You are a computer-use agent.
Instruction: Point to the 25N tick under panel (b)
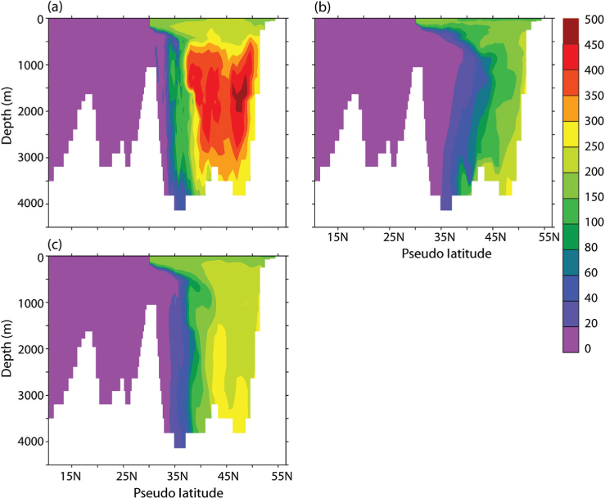click(394, 238)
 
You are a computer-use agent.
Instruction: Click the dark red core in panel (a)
click(239, 94)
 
